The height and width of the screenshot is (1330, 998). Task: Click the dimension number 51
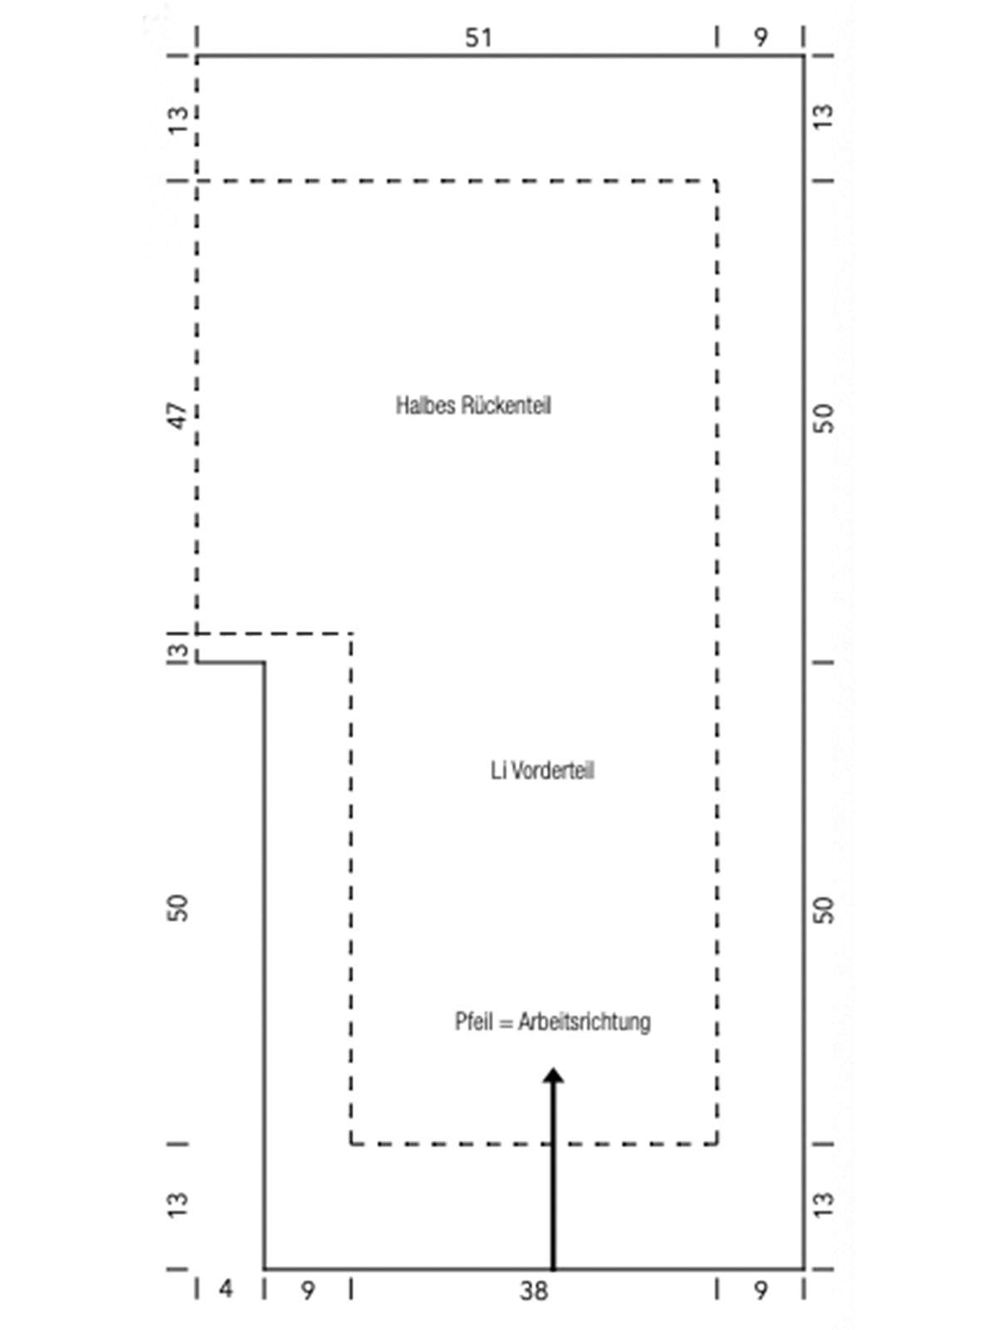coord(478,38)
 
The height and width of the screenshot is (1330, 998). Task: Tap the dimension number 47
coord(178,416)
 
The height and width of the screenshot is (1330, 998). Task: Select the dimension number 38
coord(534,1291)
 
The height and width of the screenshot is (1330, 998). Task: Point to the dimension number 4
coord(226,1289)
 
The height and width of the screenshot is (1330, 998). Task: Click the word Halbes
coord(425,406)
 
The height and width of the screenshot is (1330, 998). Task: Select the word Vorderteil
coord(552,771)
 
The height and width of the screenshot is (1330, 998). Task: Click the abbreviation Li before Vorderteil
coord(498,771)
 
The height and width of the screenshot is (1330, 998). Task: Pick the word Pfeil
coord(473,1022)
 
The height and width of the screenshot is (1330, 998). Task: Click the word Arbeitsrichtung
coord(584,1022)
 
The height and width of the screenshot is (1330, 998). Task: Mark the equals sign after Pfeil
coord(506,1023)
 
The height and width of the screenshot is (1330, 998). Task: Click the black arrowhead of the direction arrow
coord(553,1076)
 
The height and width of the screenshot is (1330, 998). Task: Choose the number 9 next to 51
coord(760,38)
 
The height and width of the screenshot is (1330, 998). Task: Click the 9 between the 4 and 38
coord(308,1291)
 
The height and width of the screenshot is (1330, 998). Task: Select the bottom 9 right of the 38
coord(760,1291)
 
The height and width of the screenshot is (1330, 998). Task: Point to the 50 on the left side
coord(178,908)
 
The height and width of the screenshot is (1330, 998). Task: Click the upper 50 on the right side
coord(823,419)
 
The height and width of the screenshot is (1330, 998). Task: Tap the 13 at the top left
coord(178,121)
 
